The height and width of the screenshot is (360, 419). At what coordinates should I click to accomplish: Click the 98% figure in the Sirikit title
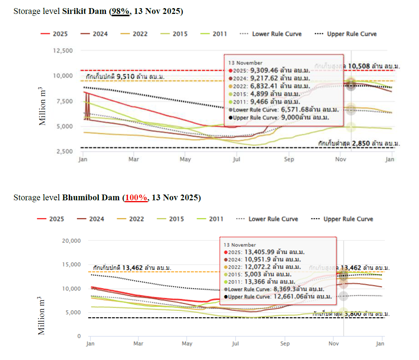coord(120,11)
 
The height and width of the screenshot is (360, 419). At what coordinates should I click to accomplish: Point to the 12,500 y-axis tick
coord(62,51)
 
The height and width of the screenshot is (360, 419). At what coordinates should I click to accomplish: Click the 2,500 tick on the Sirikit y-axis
coord(64,151)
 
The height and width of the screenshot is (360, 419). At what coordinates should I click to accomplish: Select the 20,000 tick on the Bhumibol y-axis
coord(71,241)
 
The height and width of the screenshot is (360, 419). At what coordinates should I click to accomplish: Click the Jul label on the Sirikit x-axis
coord(237,159)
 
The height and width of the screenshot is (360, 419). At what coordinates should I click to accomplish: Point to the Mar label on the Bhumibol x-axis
coord(138,343)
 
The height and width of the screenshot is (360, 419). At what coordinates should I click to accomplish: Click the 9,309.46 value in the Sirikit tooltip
coord(264,70)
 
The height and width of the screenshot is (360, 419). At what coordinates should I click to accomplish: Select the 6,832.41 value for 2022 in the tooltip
coord(264,86)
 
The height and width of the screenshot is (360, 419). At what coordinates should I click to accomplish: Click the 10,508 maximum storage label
coord(359,66)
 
